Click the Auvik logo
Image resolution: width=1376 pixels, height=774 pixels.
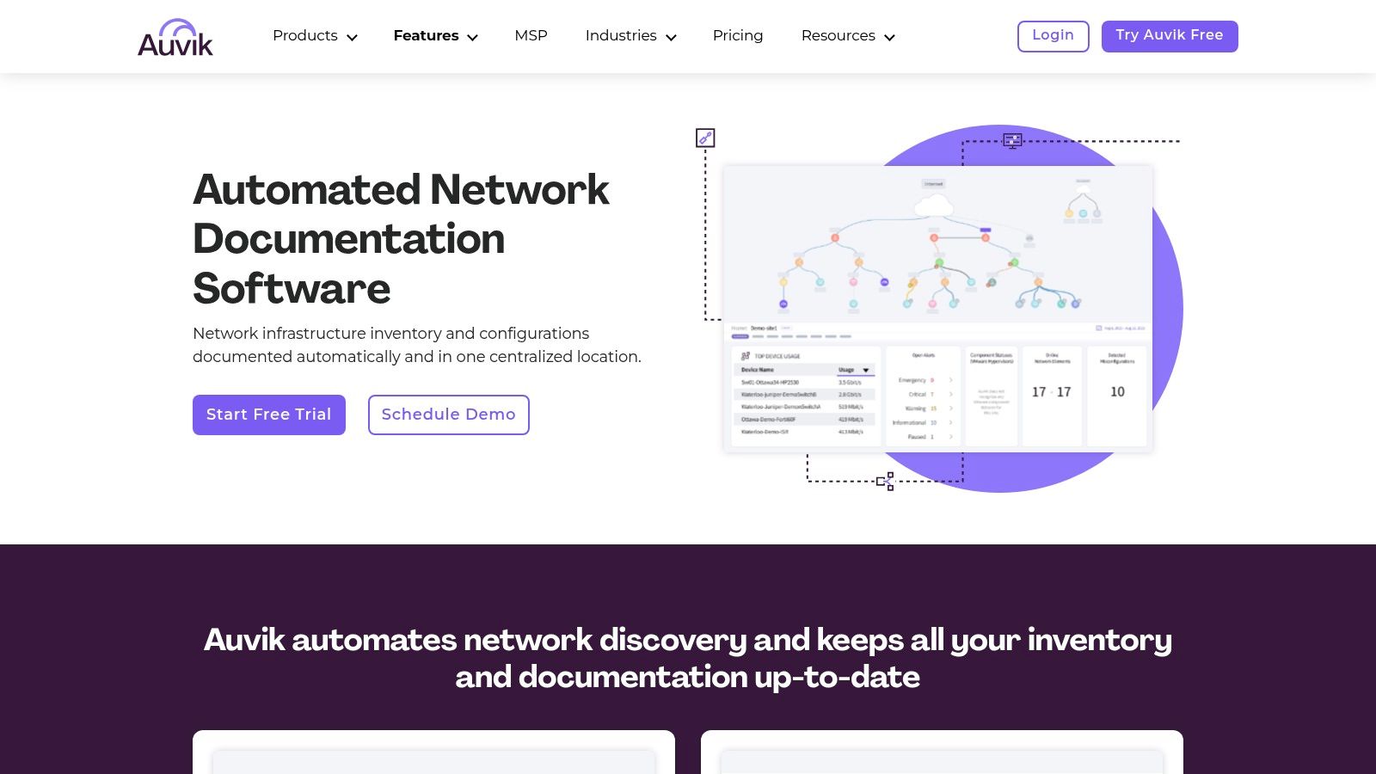point(175,38)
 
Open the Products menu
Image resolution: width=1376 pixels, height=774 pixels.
point(315,36)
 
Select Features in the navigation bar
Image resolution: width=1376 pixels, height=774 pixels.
point(435,36)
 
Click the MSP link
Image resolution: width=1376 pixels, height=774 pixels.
point(531,36)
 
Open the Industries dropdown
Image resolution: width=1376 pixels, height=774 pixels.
point(630,36)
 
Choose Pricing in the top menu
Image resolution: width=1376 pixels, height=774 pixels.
point(738,36)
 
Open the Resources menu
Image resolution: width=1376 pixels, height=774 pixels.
point(848,36)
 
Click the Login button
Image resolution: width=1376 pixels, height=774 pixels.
point(1053,36)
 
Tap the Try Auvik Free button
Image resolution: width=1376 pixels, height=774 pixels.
point(1169,36)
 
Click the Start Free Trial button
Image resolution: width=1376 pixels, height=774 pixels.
point(269,415)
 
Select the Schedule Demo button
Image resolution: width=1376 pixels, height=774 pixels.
point(448,415)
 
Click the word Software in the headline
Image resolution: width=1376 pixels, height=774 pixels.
point(292,288)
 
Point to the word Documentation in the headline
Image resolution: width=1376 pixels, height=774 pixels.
point(348,239)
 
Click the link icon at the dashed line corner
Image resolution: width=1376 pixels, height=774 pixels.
point(705,138)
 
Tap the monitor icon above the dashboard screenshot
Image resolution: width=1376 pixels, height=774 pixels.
point(1012,140)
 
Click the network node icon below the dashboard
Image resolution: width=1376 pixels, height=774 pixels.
point(886,482)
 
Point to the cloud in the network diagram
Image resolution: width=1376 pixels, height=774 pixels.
point(934,205)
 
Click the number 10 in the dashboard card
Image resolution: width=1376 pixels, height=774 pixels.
point(1117,392)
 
